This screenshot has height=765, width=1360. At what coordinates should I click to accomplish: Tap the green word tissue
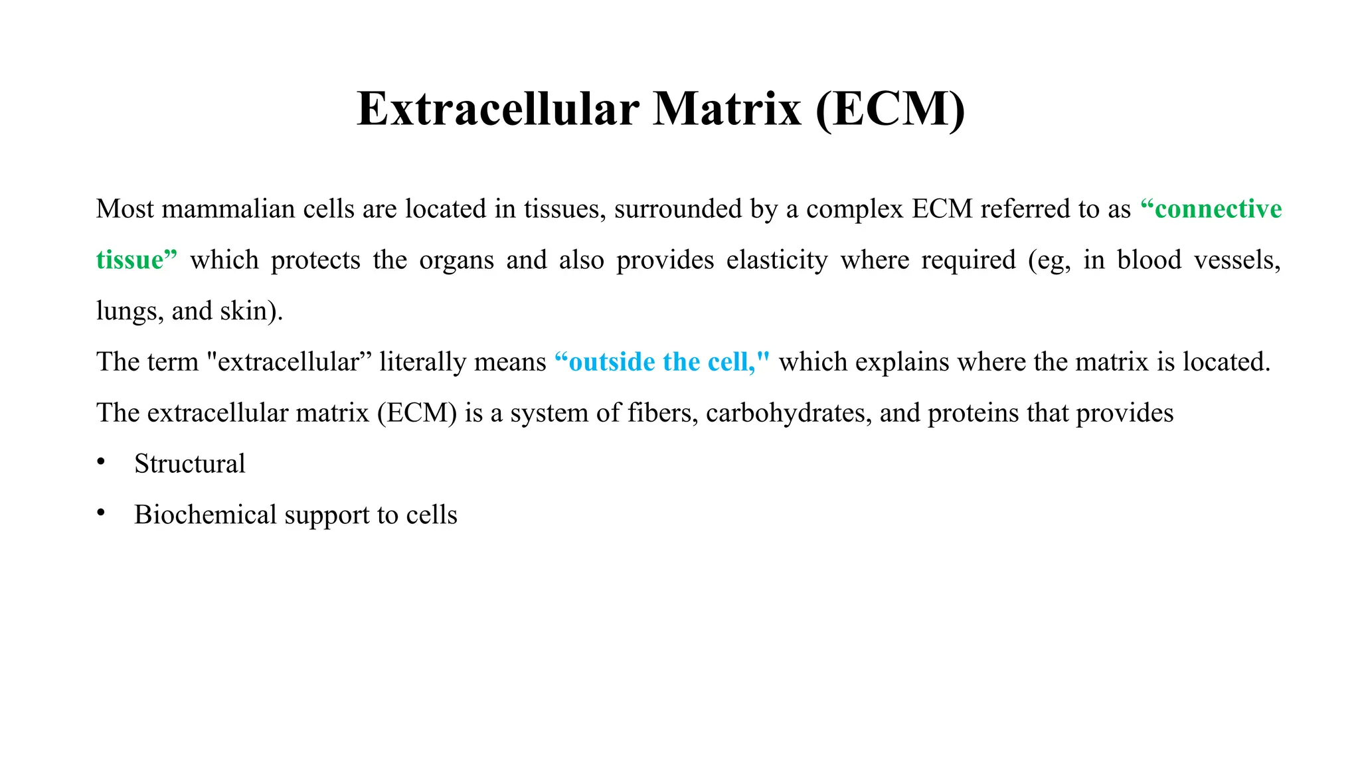pyautogui.click(x=130, y=260)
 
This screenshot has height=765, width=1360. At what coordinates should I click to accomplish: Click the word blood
pyautogui.click(x=1149, y=260)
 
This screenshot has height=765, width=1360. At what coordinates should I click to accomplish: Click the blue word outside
pyautogui.click(x=612, y=362)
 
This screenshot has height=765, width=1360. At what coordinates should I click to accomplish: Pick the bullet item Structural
pyautogui.click(x=189, y=464)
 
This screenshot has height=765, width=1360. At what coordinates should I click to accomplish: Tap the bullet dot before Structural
pyautogui.click(x=101, y=462)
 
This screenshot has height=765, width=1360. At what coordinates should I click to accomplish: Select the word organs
pyautogui.click(x=456, y=260)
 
